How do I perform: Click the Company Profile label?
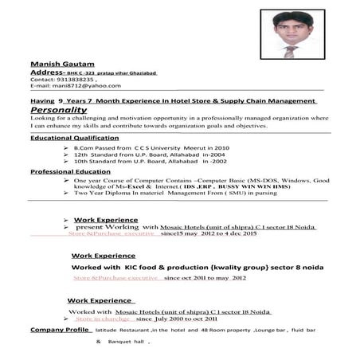point(60,329)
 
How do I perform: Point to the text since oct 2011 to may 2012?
point(205,279)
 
